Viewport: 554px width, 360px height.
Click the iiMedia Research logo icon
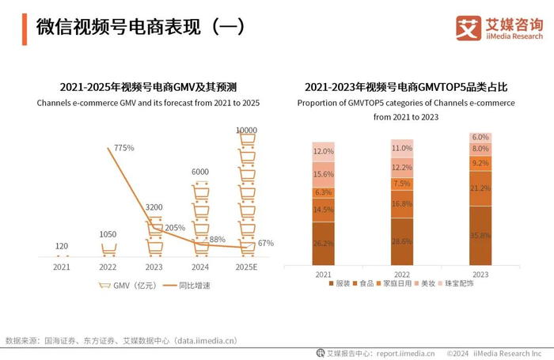[469, 28]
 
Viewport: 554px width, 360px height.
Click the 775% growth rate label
[124, 148]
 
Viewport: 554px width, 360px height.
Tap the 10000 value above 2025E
[246, 130]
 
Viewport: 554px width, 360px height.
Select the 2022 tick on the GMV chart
[107, 267]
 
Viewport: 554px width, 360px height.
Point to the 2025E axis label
[246, 267]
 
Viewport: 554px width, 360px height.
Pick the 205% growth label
[175, 228]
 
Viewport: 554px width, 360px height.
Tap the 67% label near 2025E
[266, 243]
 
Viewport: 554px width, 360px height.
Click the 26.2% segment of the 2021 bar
[323, 243]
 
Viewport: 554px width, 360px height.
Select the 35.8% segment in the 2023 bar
[480, 235]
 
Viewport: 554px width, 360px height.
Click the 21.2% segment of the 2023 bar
[480, 188]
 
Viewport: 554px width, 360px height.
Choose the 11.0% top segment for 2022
[402, 148]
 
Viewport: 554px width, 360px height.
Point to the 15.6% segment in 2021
[323, 174]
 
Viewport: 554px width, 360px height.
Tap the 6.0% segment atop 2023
[480, 137]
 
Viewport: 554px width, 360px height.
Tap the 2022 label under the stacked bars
[402, 274]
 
